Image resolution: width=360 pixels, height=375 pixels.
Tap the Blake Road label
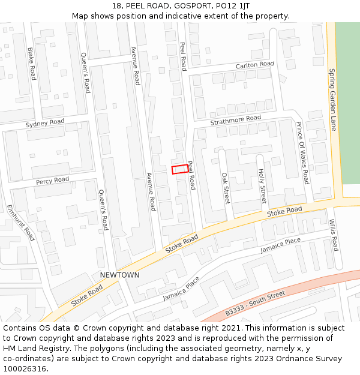coord(31,64)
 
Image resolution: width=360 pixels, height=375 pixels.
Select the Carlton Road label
coord(254,64)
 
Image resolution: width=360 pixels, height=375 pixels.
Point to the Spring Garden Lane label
coord(332,99)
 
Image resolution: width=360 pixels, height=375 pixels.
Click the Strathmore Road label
coord(235,120)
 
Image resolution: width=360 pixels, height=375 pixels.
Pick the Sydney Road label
coord(44,124)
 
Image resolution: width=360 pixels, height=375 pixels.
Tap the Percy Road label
coord(52,181)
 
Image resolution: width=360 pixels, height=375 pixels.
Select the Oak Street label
coord(226,188)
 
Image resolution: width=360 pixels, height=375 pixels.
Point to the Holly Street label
coord(262,186)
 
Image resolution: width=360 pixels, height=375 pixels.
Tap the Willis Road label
coord(333,235)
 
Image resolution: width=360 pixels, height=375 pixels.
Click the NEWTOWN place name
coord(119,275)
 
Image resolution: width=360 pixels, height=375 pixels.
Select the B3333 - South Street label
coord(255,304)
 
